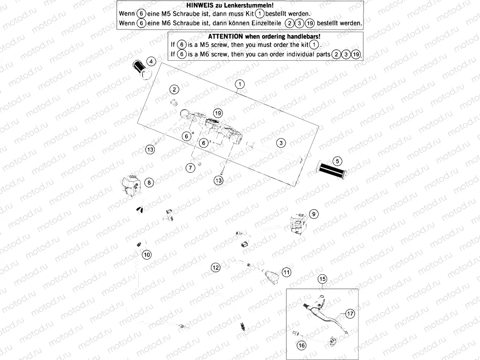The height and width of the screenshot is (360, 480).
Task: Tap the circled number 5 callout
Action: tap(338, 161)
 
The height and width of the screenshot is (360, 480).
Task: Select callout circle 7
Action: tap(190, 168)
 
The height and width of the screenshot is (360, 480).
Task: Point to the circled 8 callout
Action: tap(149, 183)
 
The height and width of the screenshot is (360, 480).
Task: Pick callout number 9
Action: tap(314, 214)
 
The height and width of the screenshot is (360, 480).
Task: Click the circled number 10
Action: tap(146, 255)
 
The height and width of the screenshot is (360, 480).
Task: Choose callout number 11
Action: tap(287, 273)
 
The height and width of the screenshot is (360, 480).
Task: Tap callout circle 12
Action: tap(216, 267)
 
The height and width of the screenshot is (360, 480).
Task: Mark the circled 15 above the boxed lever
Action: tap(322, 279)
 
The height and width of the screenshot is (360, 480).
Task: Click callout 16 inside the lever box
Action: tap(302, 345)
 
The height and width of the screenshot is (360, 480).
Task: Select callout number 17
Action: tap(350, 314)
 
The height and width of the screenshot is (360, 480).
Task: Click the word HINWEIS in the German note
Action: tap(199, 6)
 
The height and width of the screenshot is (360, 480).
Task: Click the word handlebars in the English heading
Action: tap(299, 36)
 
